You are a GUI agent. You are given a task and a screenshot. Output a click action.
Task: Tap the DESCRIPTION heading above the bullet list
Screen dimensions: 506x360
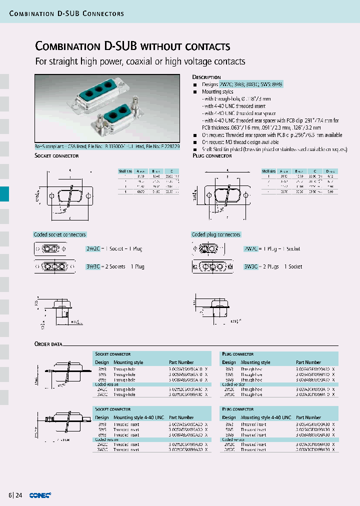click(x=206, y=77)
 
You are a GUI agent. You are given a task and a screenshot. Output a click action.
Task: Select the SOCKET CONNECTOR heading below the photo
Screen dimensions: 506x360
click(x=56, y=156)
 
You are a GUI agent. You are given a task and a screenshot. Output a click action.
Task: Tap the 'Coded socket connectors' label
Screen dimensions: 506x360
click(x=59, y=234)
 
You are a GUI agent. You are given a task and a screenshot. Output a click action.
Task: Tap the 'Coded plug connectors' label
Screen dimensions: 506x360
click(x=216, y=234)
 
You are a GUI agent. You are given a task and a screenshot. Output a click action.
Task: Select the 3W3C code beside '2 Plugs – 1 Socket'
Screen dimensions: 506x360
click(x=251, y=266)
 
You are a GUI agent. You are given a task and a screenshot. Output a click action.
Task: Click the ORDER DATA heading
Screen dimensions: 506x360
click(x=48, y=344)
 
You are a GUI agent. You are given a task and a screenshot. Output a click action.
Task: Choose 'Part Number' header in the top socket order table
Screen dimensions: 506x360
click(x=181, y=362)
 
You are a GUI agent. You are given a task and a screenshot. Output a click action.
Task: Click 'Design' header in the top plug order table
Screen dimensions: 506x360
click(x=229, y=362)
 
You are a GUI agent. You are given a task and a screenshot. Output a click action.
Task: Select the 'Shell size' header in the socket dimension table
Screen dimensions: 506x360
click(x=125, y=171)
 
